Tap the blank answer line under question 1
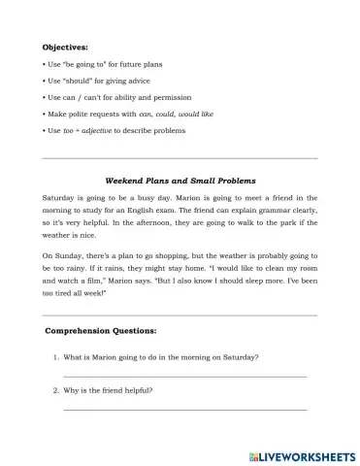[x=184, y=377]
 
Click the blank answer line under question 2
[x=184, y=410]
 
